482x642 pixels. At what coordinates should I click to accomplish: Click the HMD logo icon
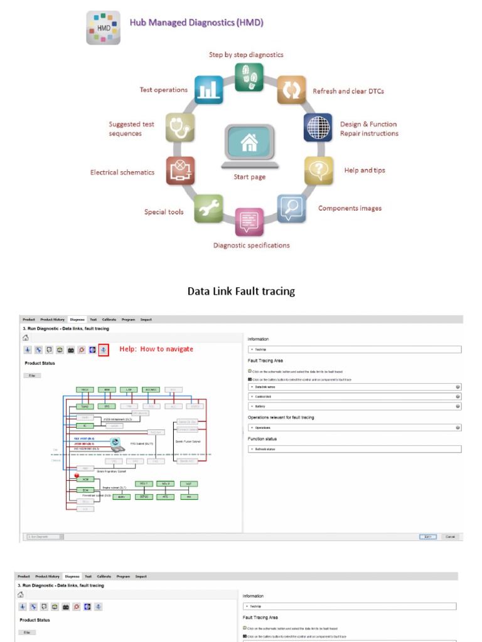coord(103,28)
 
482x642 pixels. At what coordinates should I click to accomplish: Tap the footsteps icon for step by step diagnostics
coord(249,77)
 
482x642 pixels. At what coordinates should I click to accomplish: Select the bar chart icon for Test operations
coord(208,90)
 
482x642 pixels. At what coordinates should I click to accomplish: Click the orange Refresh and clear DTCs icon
coord(291,90)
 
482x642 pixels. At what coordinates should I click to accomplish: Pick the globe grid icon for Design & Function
coord(318,128)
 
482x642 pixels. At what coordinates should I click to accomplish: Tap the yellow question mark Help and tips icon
coord(318,170)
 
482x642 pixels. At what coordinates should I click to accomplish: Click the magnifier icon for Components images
coord(291,209)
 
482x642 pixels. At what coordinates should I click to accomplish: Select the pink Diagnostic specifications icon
coord(249,222)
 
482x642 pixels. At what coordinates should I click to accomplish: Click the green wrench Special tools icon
coord(208,209)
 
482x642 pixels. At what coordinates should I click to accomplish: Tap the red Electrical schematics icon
coord(180,171)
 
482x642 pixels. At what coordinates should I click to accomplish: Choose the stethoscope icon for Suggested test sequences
coord(180,128)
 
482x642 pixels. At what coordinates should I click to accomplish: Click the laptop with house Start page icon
coord(249,145)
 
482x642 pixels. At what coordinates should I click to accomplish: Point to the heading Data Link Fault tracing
coord(241,291)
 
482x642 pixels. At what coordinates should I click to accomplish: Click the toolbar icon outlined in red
coord(103,350)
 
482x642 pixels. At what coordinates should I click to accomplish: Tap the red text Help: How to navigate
coord(156,349)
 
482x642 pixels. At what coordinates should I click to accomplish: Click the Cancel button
coord(449,537)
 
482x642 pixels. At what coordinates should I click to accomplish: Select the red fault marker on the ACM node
coord(77,476)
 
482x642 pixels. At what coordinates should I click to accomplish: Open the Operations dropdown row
coord(355,428)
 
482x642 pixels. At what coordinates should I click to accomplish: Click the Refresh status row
coord(355,450)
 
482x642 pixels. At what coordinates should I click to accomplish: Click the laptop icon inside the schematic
coord(115,444)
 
